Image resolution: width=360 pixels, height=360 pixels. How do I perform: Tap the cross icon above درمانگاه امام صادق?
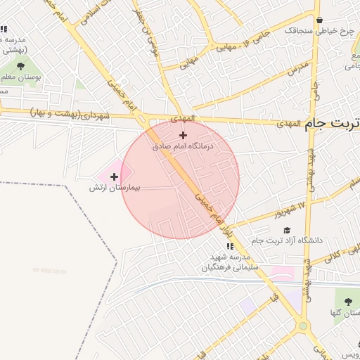[184, 135]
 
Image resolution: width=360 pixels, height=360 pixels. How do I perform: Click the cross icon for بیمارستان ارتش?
[114, 176]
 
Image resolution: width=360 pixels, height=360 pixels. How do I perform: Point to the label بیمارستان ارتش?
[115, 188]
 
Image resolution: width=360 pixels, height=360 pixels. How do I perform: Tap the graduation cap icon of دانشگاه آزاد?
[286, 230]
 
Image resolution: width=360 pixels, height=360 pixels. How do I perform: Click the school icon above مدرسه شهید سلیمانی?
[230, 246]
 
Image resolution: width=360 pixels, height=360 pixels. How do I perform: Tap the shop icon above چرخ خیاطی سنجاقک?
[320, 20]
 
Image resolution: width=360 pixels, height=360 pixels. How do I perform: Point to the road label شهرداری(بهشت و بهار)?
[70, 112]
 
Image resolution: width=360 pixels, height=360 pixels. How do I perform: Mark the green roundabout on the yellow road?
[303, 326]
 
